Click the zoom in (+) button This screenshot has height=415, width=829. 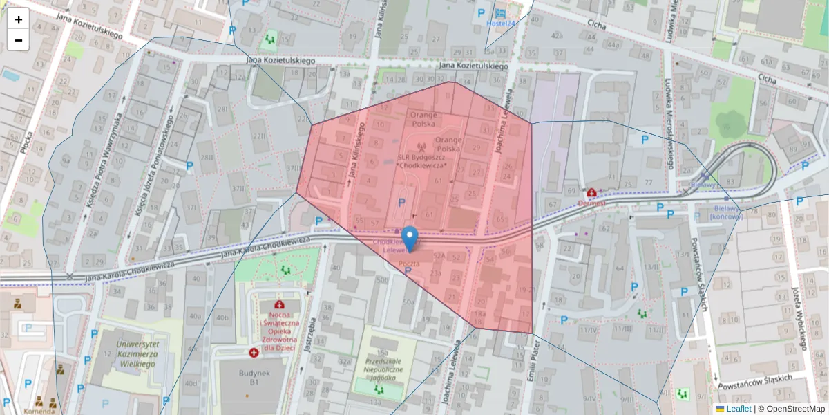19,19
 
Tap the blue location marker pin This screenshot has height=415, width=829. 410,238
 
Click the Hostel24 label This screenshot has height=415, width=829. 501,24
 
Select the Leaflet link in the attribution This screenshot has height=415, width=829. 739,409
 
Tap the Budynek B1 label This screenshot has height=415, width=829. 249,376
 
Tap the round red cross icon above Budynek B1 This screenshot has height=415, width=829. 254,353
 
